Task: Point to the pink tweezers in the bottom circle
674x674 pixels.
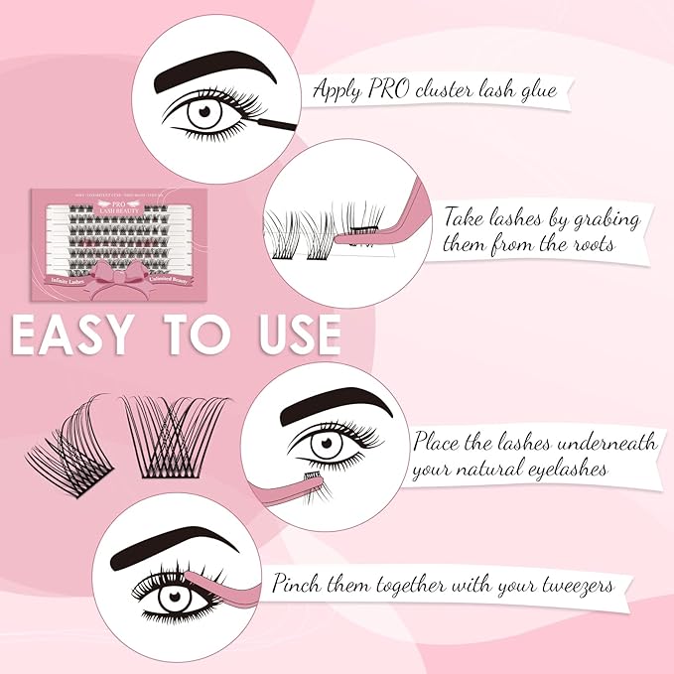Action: (x=230, y=589)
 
